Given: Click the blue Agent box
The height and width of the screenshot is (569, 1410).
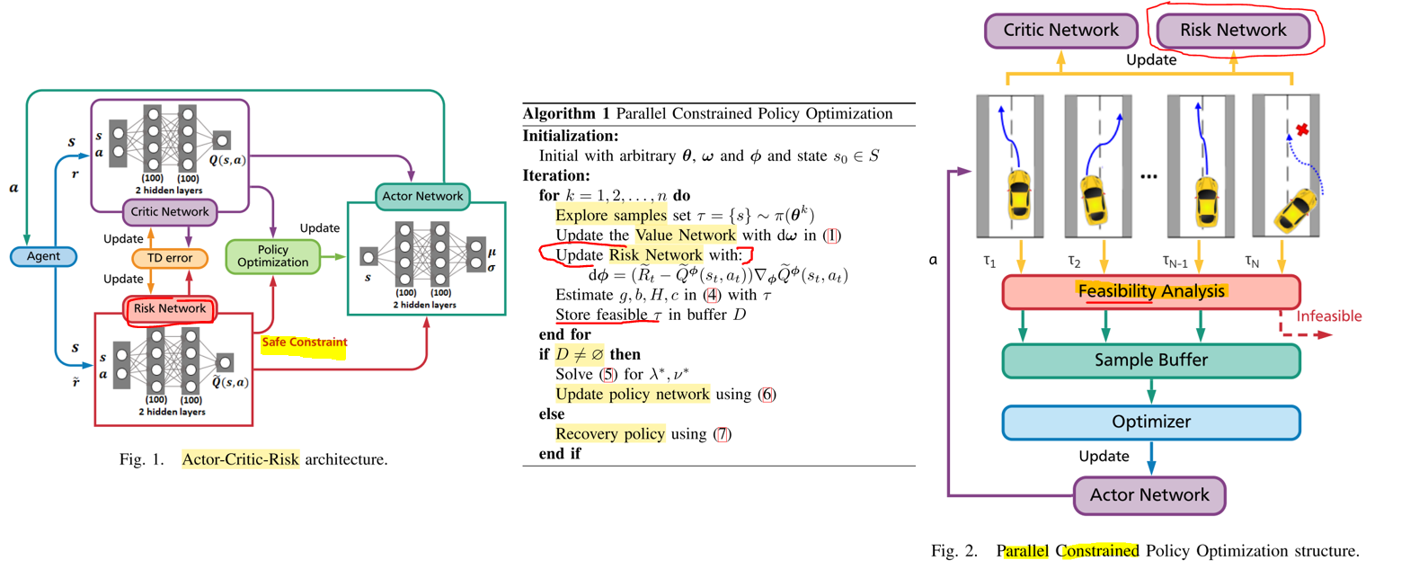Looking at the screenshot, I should coord(43,256).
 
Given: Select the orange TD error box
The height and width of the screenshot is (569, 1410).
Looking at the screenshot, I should coord(170,258).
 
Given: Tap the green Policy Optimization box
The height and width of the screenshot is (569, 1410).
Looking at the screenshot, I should coord(272,256).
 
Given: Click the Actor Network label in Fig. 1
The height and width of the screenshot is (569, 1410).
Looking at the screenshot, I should coord(422,196).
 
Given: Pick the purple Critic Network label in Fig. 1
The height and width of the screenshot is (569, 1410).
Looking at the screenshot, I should coord(170,212).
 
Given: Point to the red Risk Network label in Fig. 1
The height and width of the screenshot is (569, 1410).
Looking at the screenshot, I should coord(170,309).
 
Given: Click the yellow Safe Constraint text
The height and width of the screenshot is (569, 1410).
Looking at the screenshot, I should coord(304,342).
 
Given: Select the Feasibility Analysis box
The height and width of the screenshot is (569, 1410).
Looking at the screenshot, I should coord(1150,292).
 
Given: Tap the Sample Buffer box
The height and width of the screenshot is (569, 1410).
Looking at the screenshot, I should coord(1150,360).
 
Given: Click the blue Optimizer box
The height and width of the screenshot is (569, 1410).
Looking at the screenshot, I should coord(1150,422).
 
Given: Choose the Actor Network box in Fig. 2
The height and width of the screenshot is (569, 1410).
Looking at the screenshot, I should coord(1148,495).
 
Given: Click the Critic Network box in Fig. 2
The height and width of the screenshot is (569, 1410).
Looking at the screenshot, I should coord(1060,31).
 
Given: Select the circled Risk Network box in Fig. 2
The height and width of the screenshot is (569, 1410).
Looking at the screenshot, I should coord(1232,31).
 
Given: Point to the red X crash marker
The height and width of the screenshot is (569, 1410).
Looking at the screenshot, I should coord(1302,130).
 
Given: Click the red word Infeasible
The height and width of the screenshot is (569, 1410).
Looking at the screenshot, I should coord(1328,316).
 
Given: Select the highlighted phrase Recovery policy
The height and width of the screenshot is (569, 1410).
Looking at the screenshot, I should coord(609,434).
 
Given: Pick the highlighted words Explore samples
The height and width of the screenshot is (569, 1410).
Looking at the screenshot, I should coord(610,216).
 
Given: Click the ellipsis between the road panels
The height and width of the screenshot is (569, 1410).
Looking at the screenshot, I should coord(1148,177).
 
